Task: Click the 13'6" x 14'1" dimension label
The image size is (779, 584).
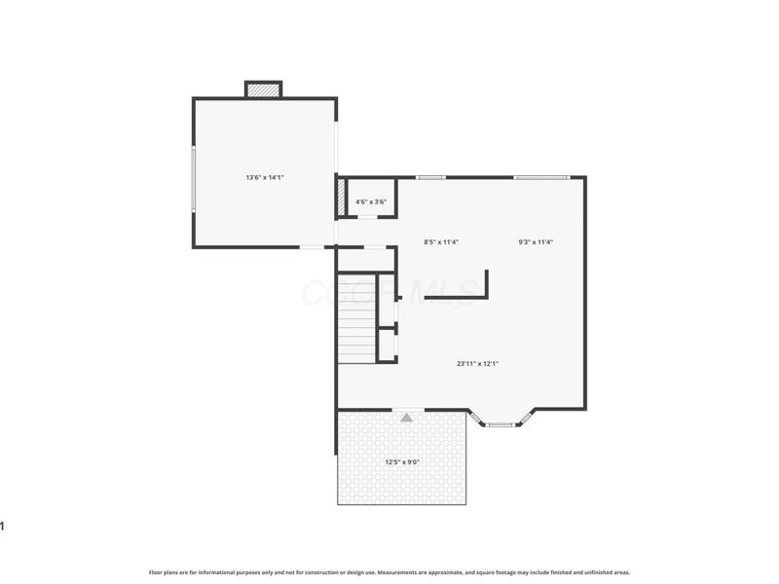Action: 264,177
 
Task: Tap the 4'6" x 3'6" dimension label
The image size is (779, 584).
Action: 371,201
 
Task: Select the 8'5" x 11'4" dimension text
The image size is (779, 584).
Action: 441,241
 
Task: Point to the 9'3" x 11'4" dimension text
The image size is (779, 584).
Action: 536,241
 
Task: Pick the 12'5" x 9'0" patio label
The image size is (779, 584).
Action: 402,461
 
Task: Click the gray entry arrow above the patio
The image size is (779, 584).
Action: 407,417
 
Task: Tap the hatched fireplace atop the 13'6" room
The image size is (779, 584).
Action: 263,90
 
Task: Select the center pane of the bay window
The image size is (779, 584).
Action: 501,424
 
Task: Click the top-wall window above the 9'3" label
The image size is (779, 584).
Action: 541,177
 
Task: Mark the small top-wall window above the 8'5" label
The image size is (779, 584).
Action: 430,177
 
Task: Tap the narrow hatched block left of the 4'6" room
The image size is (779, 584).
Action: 341,198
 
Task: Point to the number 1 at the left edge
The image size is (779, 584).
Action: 3,527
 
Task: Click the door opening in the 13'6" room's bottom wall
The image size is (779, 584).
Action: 312,247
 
